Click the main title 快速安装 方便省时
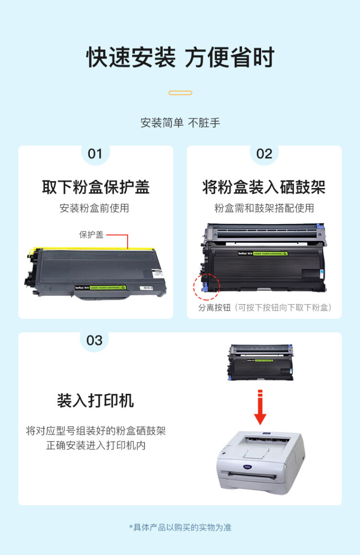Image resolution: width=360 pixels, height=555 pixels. [x=180, y=58]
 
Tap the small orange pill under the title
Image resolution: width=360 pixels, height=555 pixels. [x=180, y=93]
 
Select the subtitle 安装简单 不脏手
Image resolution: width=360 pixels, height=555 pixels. [x=180, y=123]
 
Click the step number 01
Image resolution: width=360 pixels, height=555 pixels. [x=95, y=154]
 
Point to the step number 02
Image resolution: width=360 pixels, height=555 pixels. [x=264, y=154]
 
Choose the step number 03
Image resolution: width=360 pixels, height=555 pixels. [x=95, y=341]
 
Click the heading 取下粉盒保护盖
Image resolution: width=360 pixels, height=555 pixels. [x=96, y=187]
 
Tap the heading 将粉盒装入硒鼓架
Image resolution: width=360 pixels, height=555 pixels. [x=264, y=187]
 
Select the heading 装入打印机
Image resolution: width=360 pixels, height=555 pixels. [x=96, y=401]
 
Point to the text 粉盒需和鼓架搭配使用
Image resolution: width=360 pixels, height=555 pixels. [x=264, y=208]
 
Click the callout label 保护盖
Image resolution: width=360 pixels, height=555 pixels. [x=91, y=235]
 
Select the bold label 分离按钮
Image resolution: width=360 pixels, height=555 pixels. [x=214, y=307]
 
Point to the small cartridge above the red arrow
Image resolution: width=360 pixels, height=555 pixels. [x=261, y=362]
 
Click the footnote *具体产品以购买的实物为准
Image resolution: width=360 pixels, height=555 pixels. [x=180, y=528]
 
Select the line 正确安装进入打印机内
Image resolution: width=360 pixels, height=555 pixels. [x=96, y=446]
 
